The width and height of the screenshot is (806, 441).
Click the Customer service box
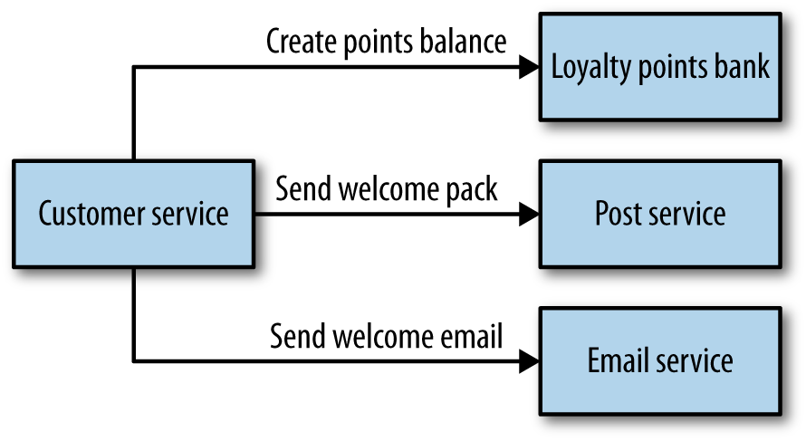coord(133,215)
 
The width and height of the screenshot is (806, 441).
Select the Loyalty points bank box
coord(660,67)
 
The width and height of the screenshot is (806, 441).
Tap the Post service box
coord(660,214)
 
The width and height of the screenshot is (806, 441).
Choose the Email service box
coord(660,360)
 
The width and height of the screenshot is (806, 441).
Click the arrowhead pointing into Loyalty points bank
coord(529,67)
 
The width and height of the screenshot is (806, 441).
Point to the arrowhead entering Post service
coord(529,215)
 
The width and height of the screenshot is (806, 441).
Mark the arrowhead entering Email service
coord(529,361)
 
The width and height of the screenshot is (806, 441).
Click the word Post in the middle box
coord(616,214)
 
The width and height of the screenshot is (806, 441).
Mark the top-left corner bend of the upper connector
coord(134,67)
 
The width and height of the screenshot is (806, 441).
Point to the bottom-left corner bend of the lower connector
coord(134,361)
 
